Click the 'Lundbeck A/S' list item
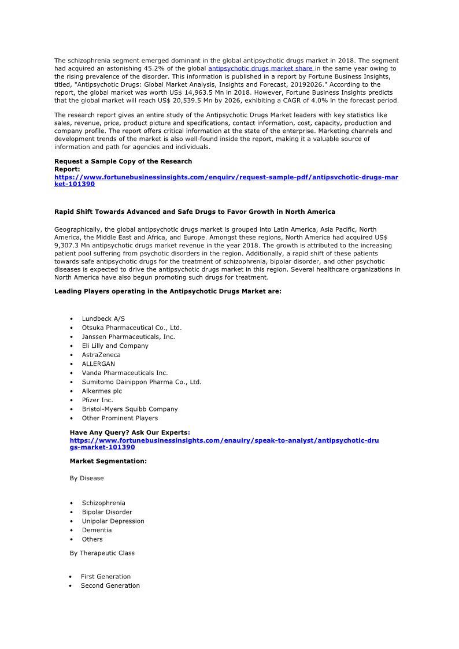click(x=103, y=318)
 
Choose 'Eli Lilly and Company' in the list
click(x=115, y=346)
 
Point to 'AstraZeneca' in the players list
click(x=101, y=355)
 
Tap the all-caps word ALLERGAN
click(x=98, y=364)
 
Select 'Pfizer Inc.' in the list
click(x=97, y=400)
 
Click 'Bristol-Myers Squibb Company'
click(x=129, y=409)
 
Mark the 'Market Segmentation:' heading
click(x=108, y=461)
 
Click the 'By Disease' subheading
click(x=87, y=478)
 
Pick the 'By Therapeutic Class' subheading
click(x=102, y=553)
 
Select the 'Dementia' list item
click(x=97, y=530)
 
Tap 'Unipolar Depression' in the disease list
click(x=113, y=521)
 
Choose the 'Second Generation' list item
click(x=110, y=585)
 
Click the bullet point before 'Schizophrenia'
click(x=71, y=503)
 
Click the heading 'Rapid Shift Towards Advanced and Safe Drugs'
click(x=194, y=212)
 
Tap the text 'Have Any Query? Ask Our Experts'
click(x=129, y=432)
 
